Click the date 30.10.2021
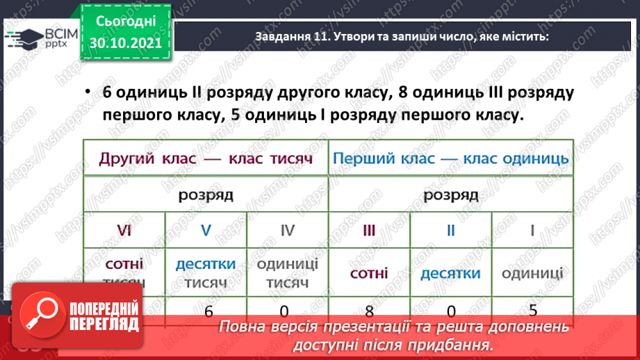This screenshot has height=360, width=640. (x=126, y=43)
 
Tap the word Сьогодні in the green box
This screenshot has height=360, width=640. (x=126, y=22)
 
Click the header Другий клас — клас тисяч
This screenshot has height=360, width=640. (x=205, y=158)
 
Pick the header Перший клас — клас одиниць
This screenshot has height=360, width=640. (x=451, y=158)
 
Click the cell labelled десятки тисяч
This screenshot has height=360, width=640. (x=206, y=273)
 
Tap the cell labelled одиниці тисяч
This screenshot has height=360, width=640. (x=287, y=273)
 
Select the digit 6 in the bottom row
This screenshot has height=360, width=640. (x=208, y=311)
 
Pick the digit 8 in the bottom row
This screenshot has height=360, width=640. (x=369, y=311)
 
